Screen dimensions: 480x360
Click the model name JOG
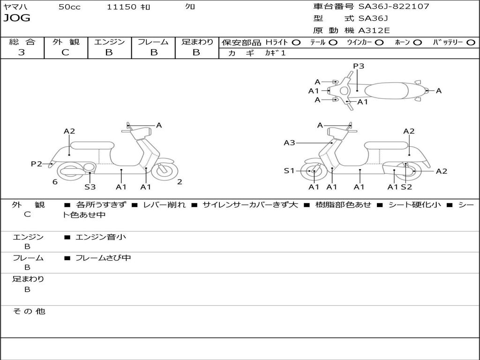17,18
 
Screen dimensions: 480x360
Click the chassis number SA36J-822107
394,6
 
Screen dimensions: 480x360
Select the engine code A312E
374,30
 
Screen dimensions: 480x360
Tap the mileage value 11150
121,7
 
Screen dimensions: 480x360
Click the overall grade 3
22,52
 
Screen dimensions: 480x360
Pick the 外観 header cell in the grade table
66,42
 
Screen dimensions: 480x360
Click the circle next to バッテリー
471,43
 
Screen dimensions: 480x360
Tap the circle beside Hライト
296,43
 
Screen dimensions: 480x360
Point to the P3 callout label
359,66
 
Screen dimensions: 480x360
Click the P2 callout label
37,164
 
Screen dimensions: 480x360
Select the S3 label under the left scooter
90,187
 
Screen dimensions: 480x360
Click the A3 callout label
289,142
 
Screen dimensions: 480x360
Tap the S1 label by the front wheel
289,171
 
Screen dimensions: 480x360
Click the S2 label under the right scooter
406,187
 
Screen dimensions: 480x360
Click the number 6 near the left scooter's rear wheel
55,182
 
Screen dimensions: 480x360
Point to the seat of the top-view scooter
386,90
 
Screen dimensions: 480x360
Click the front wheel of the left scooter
165,170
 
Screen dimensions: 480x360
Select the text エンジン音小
100,237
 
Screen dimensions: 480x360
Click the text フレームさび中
103,258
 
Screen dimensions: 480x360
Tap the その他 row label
29,311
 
